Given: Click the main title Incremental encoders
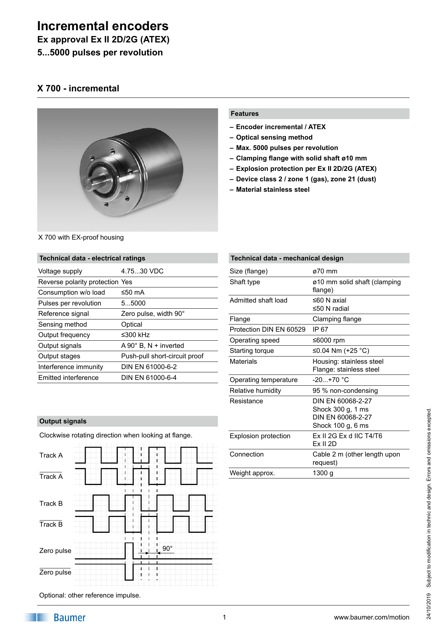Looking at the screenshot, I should tap(103, 26).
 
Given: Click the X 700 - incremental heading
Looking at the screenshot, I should tap(78, 88).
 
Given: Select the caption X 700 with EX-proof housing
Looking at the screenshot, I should tap(81, 237).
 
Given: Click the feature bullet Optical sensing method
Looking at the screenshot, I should tap(274, 137).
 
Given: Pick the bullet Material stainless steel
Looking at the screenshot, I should tap(272, 190).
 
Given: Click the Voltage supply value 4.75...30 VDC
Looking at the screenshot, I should tap(142, 271).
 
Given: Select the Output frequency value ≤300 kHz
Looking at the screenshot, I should tap(135, 335).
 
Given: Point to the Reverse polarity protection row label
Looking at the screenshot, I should tap(78, 282).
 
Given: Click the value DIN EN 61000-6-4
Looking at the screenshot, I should tap(149, 378).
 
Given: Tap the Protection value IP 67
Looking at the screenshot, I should tap(320, 330).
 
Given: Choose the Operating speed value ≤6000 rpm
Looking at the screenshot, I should tap(328, 340).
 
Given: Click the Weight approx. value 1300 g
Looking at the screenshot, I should tap(323, 473).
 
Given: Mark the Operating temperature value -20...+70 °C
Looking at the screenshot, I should tap(330, 380).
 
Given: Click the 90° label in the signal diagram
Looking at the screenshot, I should tap(167, 549).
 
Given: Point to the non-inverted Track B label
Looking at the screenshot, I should tap(51, 504).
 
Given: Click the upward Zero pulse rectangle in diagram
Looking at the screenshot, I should tap(129, 551).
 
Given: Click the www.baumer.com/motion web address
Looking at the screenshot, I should tap(371, 617).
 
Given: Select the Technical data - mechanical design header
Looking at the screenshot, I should tap(287, 258).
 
